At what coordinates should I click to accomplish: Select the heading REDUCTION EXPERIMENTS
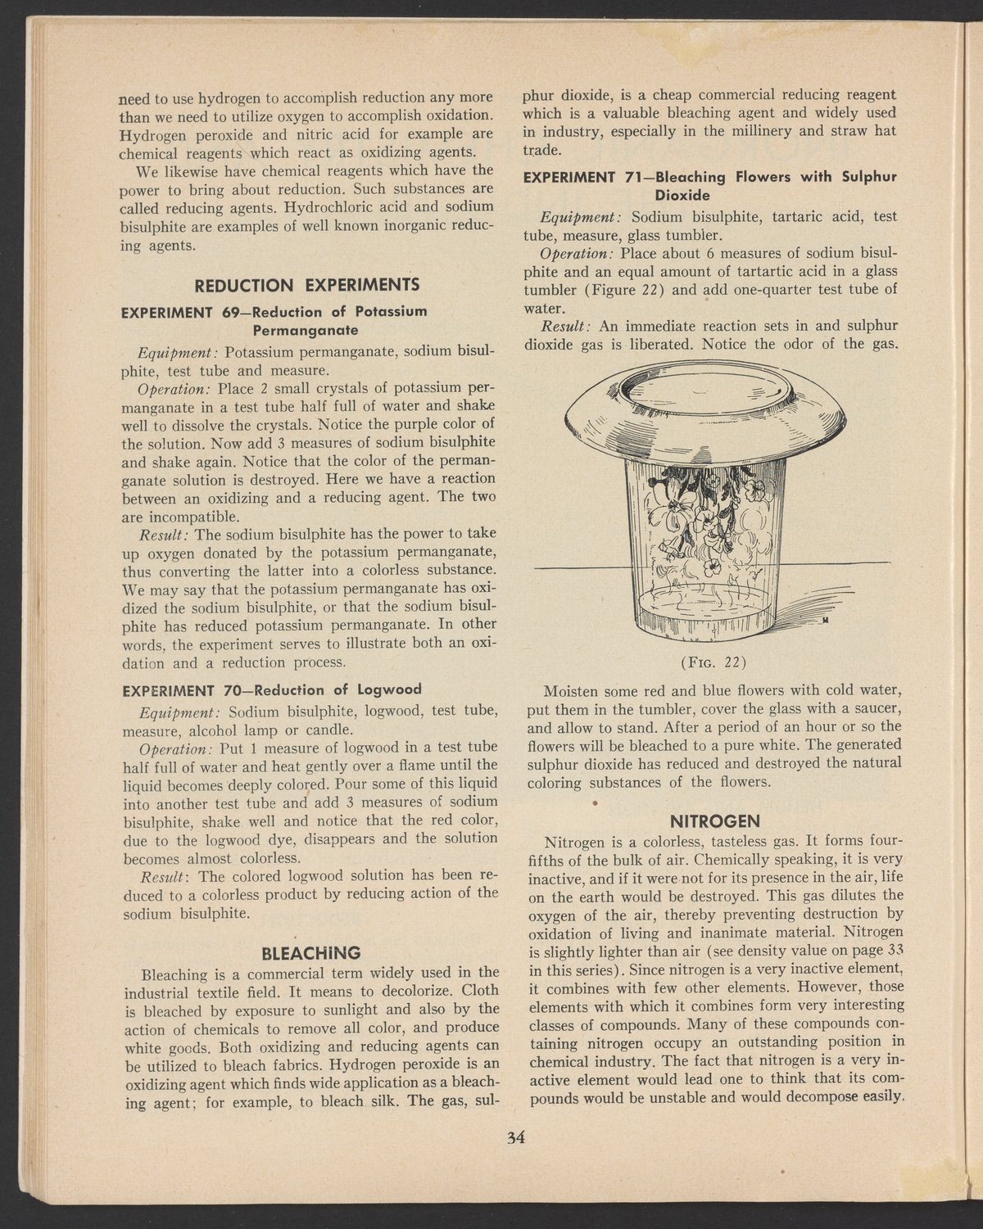point(305,285)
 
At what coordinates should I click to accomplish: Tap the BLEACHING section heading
point(309,953)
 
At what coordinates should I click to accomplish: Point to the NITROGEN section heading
point(715,820)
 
